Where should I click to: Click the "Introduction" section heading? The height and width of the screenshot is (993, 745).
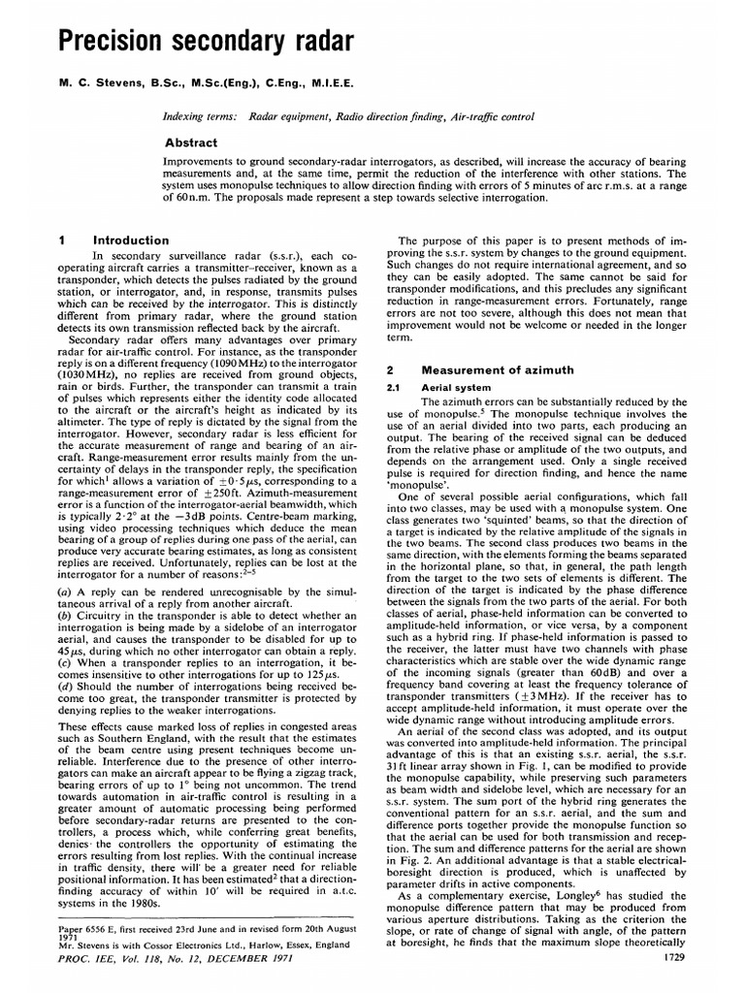tap(130, 240)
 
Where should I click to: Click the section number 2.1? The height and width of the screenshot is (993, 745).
tap(394, 387)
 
